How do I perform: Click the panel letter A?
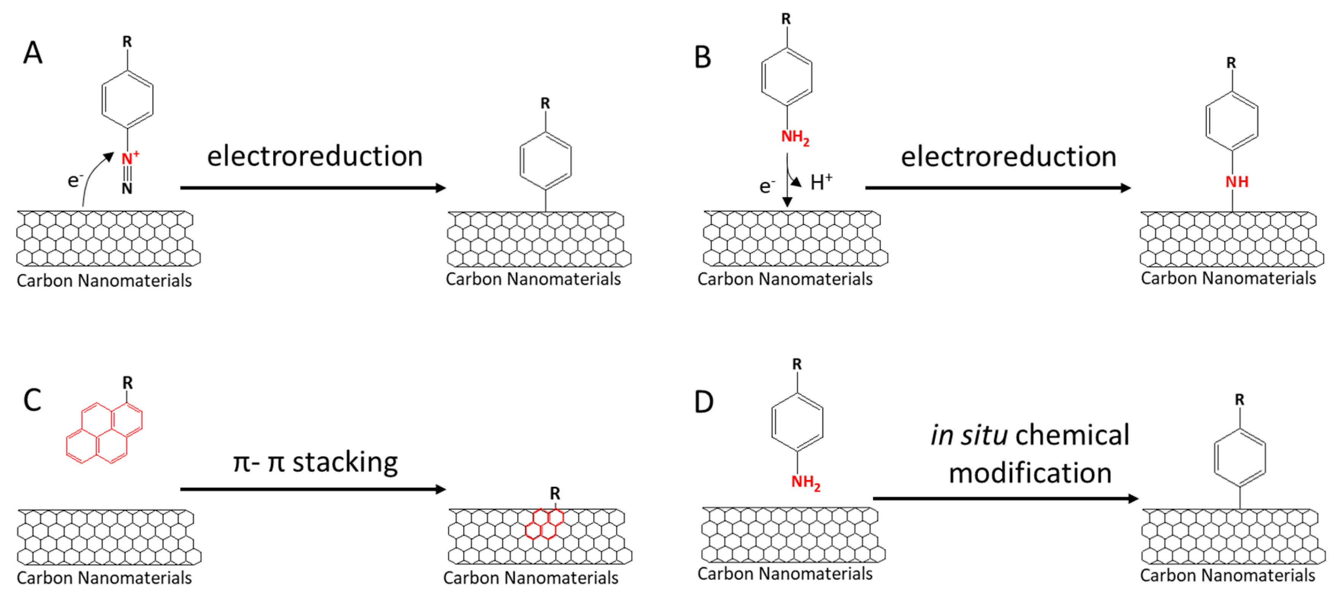tap(33, 52)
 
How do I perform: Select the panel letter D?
tap(704, 402)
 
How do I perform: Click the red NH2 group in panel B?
tap(795, 137)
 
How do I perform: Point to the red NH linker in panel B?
tap(1237, 182)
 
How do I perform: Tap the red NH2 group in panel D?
tap(805, 482)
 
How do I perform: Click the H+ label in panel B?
tap(821, 182)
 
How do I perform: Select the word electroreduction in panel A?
tap(315, 156)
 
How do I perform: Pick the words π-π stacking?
tap(315, 461)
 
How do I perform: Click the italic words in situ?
tap(969, 435)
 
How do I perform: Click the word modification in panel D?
tap(1030, 473)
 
